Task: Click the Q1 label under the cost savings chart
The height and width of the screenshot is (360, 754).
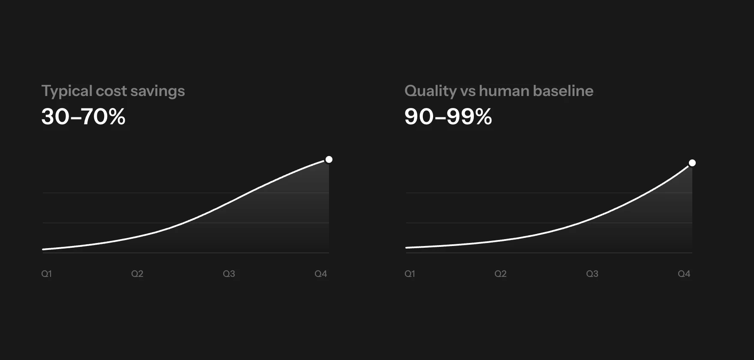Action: click(46, 274)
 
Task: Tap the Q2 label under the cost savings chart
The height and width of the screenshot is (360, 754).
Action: click(137, 274)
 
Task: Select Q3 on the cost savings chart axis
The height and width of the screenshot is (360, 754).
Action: click(229, 274)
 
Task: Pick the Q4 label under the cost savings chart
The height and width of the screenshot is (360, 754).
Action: click(321, 274)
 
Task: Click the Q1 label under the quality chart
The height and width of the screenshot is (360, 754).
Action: click(410, 274)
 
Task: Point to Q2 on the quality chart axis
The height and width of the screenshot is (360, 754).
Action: click(500, 274)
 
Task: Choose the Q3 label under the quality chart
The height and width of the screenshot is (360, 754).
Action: click(592, 274)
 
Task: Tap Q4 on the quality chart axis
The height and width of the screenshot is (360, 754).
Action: click(684, 274)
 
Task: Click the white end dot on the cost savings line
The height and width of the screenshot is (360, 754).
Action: click(329, 159)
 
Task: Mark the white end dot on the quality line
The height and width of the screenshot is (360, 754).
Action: click(692, 163)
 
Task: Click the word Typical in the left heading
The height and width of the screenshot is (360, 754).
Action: click(67, 91)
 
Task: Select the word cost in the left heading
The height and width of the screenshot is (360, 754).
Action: click(111, 91)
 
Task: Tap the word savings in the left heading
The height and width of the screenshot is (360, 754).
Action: click(158, 92)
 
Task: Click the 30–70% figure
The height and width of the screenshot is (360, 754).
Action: click(84, 117)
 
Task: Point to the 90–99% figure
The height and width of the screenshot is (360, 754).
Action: click(448, 117)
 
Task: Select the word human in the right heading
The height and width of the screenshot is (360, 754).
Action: click(504, 91)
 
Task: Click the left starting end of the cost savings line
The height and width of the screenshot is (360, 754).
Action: click(43, 249)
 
